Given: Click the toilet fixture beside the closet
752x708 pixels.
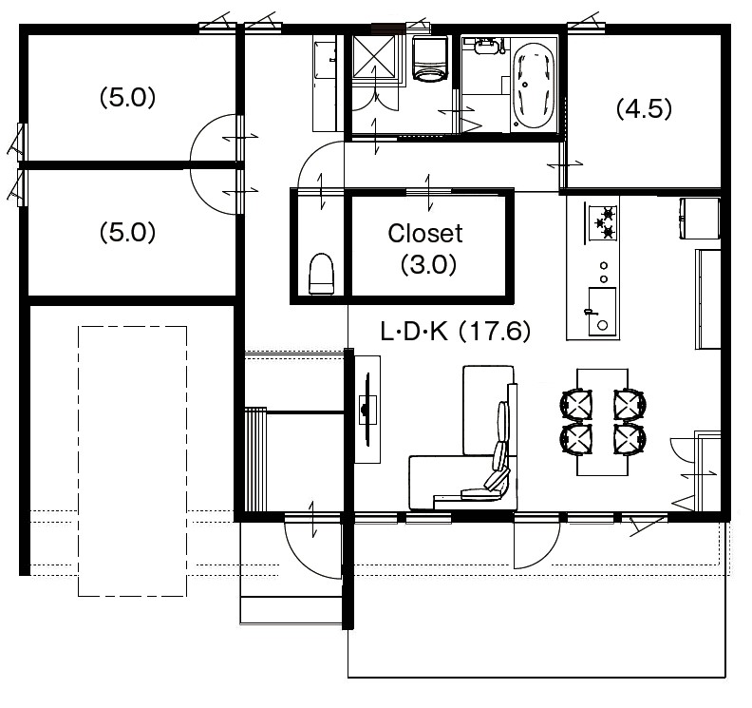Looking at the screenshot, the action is tap(321, 274).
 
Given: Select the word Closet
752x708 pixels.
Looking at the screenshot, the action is tap(425, 234).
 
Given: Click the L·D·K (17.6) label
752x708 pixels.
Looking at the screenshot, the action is tap(455, 332).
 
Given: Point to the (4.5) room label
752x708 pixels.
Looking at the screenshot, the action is tap(644, 109).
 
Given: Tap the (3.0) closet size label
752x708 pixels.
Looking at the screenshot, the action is tap(428, 264).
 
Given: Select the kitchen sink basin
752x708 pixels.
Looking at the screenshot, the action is tap(602, 311).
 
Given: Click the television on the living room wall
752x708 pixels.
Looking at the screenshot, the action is tap(367, 409).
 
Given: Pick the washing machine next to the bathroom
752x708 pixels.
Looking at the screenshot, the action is tap(429, 59).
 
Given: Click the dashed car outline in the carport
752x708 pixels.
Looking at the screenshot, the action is tap(132, 461).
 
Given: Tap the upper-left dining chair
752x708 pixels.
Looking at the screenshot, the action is tap(576, 404).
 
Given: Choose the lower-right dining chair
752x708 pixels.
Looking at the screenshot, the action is tap(630, 439).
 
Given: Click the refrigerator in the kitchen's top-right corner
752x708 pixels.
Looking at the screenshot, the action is tap(700, 219).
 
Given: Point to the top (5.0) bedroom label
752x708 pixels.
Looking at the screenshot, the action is tap(127, 99).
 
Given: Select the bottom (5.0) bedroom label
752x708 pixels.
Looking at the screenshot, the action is tap(127, 233).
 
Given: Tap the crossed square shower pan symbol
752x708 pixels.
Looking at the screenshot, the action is tap(374, 56).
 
